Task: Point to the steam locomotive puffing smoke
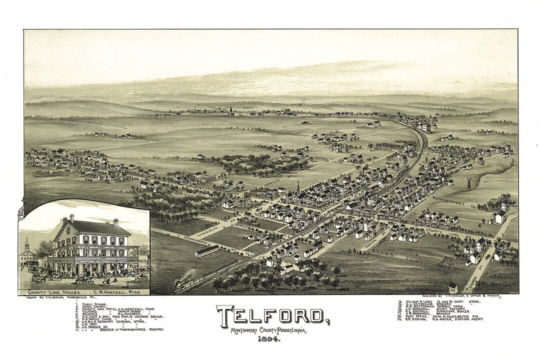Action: (x=180, y=285)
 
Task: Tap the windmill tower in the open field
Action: (x=469, y=183)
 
